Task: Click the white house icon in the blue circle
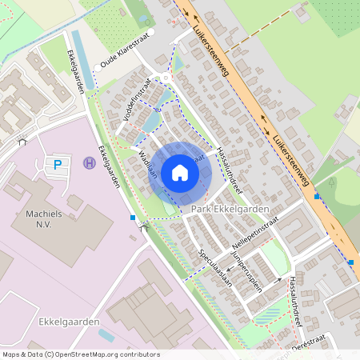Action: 180,172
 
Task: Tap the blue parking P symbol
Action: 57,165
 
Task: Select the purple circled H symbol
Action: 89,162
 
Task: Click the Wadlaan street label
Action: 146,164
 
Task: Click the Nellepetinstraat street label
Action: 254,230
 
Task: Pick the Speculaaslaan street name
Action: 215,266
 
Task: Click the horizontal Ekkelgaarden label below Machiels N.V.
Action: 68,322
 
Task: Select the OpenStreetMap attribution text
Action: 80,354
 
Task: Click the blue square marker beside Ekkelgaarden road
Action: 133,217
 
